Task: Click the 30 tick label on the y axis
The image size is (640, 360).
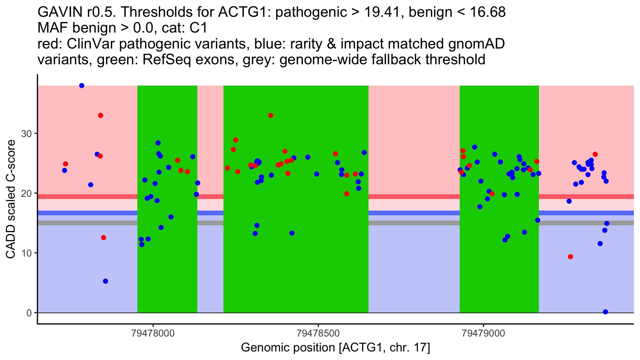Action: click(26, 134)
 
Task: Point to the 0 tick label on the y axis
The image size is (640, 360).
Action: click(29, 313)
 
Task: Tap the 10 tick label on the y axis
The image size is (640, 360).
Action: click(26, 253)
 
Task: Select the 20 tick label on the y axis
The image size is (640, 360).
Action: click(26, 193)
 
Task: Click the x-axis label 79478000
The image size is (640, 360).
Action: click(153, 333)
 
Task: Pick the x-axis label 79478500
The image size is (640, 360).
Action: click(318, 333)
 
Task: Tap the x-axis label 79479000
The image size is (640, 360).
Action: click(483, 333)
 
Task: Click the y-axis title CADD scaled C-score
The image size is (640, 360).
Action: click(11, 199)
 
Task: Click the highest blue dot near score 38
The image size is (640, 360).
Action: click(82, 86)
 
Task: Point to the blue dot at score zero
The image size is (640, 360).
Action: click(605, 312)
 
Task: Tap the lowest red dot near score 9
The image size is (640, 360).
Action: click(570, 257)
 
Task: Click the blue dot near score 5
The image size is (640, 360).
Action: click(106, 281)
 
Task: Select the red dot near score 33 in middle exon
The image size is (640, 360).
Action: click(271, 115)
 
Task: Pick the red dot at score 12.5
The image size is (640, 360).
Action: click(103, 238)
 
